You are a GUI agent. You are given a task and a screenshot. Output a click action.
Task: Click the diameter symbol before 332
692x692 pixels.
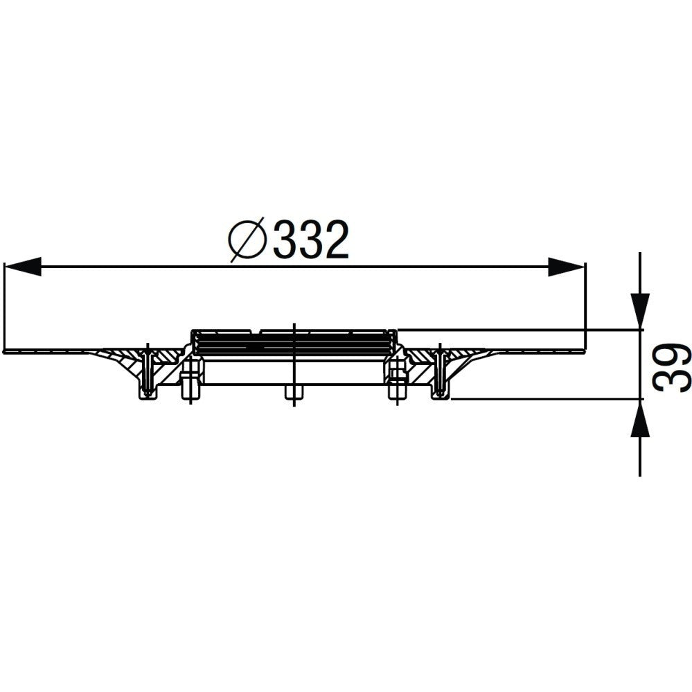pos(248,240)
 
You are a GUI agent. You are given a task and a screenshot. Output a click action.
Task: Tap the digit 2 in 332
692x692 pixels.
pos(336,240)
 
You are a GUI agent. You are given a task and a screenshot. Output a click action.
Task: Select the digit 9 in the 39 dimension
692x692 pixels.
pos(672,347)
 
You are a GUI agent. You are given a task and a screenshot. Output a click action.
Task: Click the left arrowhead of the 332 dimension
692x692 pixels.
pos(22,267)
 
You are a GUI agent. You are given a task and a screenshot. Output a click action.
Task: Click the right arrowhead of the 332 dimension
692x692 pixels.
pos(567,267)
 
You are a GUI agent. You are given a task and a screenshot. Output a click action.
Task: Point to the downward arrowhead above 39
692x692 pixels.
pos(640,311)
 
